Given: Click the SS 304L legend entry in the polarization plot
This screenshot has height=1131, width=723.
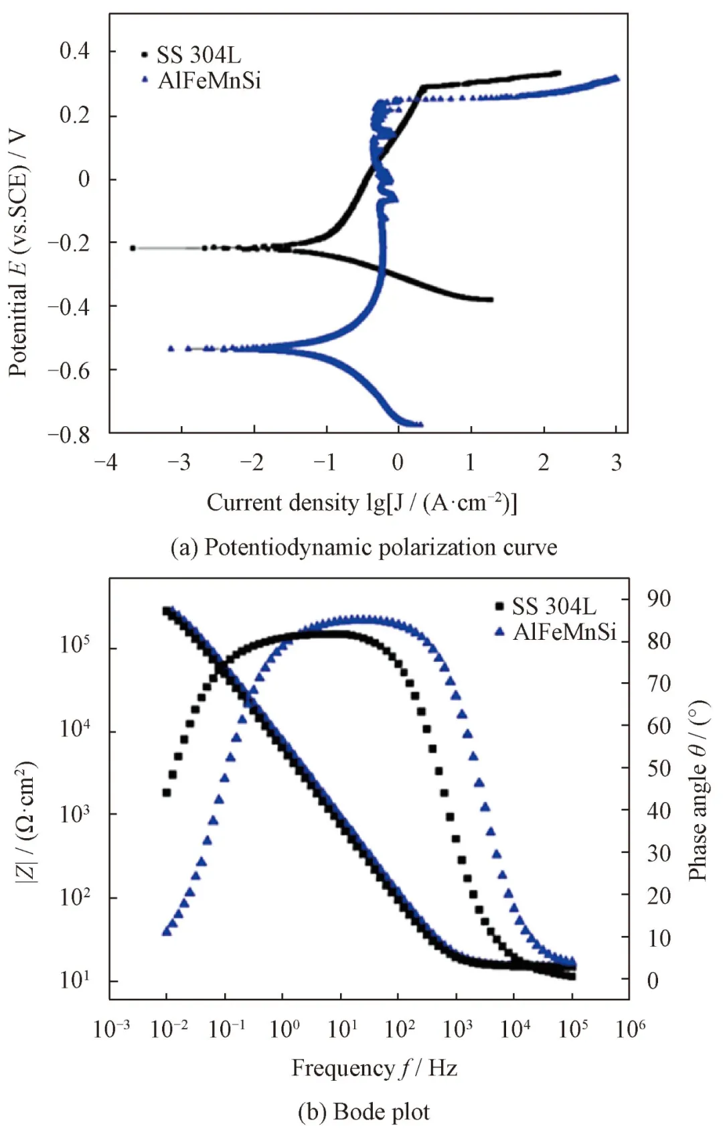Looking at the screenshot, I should click(198, 55).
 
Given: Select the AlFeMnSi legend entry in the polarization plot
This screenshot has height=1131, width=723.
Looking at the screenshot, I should click(209, 80).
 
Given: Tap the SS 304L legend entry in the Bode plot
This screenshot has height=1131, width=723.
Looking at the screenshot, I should click(554, 606).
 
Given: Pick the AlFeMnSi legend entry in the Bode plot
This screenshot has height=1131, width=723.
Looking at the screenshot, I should click(564, 632).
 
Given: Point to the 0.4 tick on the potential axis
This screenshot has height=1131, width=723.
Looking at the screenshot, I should click(74, 51).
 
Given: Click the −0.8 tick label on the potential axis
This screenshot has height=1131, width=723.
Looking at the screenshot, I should click(69, 435).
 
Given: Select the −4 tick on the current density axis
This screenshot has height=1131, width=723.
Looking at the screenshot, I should click(106, 462).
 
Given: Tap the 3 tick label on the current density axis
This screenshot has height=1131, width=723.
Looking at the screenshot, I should click(617, 462).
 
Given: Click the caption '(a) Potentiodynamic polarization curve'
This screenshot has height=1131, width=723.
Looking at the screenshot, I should click(364, 547).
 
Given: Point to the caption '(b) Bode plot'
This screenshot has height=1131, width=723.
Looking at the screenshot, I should click(364, 1112).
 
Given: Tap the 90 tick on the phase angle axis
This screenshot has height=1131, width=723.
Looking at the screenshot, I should click(659, 598).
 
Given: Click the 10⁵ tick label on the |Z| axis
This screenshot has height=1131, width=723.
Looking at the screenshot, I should click(75, 645).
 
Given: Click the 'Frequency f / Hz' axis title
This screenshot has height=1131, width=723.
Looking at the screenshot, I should click(374, 1068).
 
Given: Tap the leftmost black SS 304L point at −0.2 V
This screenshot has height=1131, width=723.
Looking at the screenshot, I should click(133, 248).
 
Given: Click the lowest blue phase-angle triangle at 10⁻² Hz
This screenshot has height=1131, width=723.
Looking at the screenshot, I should click(167, 931).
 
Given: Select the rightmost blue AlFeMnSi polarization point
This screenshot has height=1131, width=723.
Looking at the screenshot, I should click(616, 78).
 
